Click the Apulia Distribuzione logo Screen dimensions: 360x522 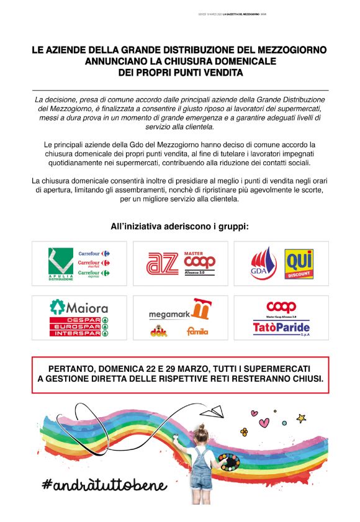coord(61,264)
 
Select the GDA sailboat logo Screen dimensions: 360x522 coord(263,263)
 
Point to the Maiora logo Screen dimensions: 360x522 coord(79,307)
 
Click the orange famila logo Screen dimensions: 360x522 coord(197,331)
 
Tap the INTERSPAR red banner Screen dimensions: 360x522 coord(79,332)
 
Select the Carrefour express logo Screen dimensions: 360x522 coord(94,273)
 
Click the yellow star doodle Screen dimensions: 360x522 coord(302,418)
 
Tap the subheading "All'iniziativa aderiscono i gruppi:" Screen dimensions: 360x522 coord(179,226)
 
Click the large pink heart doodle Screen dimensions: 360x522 coord(264,423)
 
